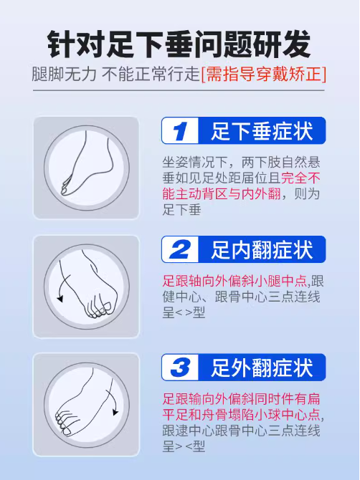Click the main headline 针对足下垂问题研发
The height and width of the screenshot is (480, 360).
pos(179,44)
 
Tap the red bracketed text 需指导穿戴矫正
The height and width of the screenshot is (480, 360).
pos(264,75)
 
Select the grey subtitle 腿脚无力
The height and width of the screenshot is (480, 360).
pos(64,75)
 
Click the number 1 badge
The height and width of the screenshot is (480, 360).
pos(180,130)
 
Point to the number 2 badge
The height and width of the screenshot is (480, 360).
pos(180,249)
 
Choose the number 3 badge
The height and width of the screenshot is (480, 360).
pos(180,368)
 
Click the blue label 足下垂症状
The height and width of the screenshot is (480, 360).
pos(262,131)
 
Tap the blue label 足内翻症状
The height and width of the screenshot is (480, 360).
pos(262,250)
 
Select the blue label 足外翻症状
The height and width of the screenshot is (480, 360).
pos(262,368)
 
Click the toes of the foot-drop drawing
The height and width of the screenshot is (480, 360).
pos(66,187)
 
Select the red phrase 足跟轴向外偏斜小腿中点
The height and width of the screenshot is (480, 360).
pos(235,281)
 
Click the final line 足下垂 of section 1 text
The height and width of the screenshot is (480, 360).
pos(181,210)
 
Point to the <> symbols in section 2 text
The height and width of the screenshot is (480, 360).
pos(184,313)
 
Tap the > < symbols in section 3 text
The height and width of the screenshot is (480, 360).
pos(184,447)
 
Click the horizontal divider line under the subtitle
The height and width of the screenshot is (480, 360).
pos(179,90)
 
